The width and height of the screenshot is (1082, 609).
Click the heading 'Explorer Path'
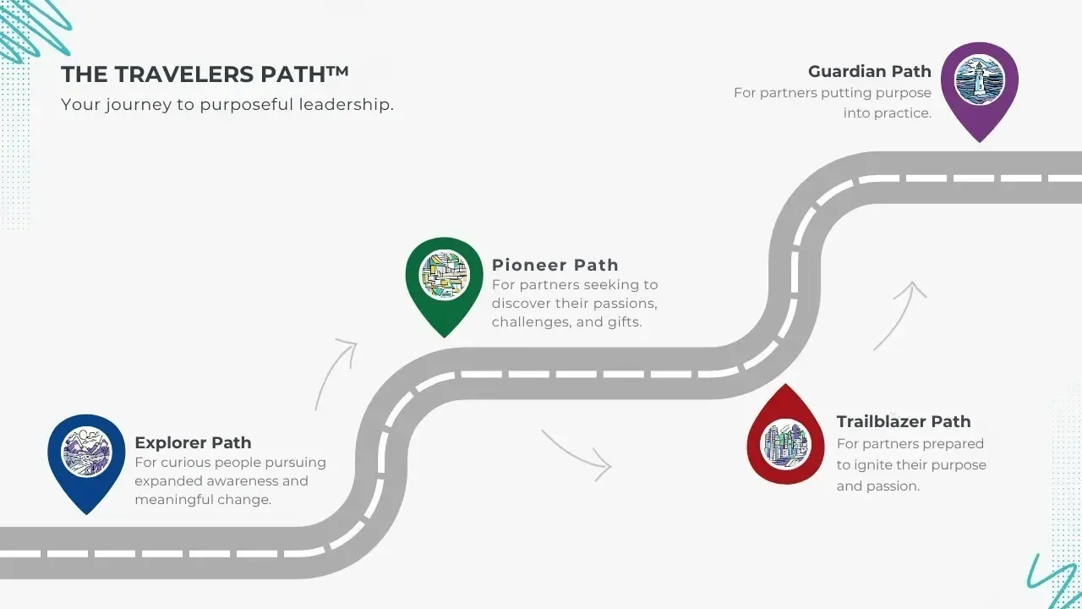193,442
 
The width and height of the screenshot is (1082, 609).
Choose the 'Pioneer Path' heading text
555,265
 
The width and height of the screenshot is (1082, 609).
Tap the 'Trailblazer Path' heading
903,421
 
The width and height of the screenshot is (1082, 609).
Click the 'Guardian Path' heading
869,72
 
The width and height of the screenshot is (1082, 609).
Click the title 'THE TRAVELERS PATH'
205,74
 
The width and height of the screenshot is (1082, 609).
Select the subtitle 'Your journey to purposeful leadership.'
227,105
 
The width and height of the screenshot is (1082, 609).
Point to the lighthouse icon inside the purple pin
979,80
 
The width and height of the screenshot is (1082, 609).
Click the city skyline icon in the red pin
786,442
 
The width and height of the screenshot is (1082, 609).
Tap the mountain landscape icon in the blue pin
86,452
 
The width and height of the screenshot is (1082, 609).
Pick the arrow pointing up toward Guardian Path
900,315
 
